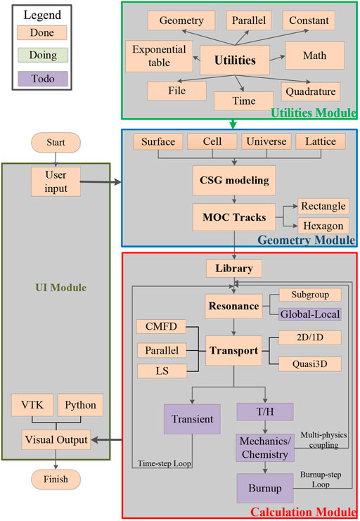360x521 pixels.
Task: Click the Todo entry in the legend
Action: click(x=41, y=79)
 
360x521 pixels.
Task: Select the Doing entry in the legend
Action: click(x=41, y=56)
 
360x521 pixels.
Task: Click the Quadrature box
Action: click(x=310, y=91)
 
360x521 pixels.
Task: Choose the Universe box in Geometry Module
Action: click(x=266, y=141)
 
